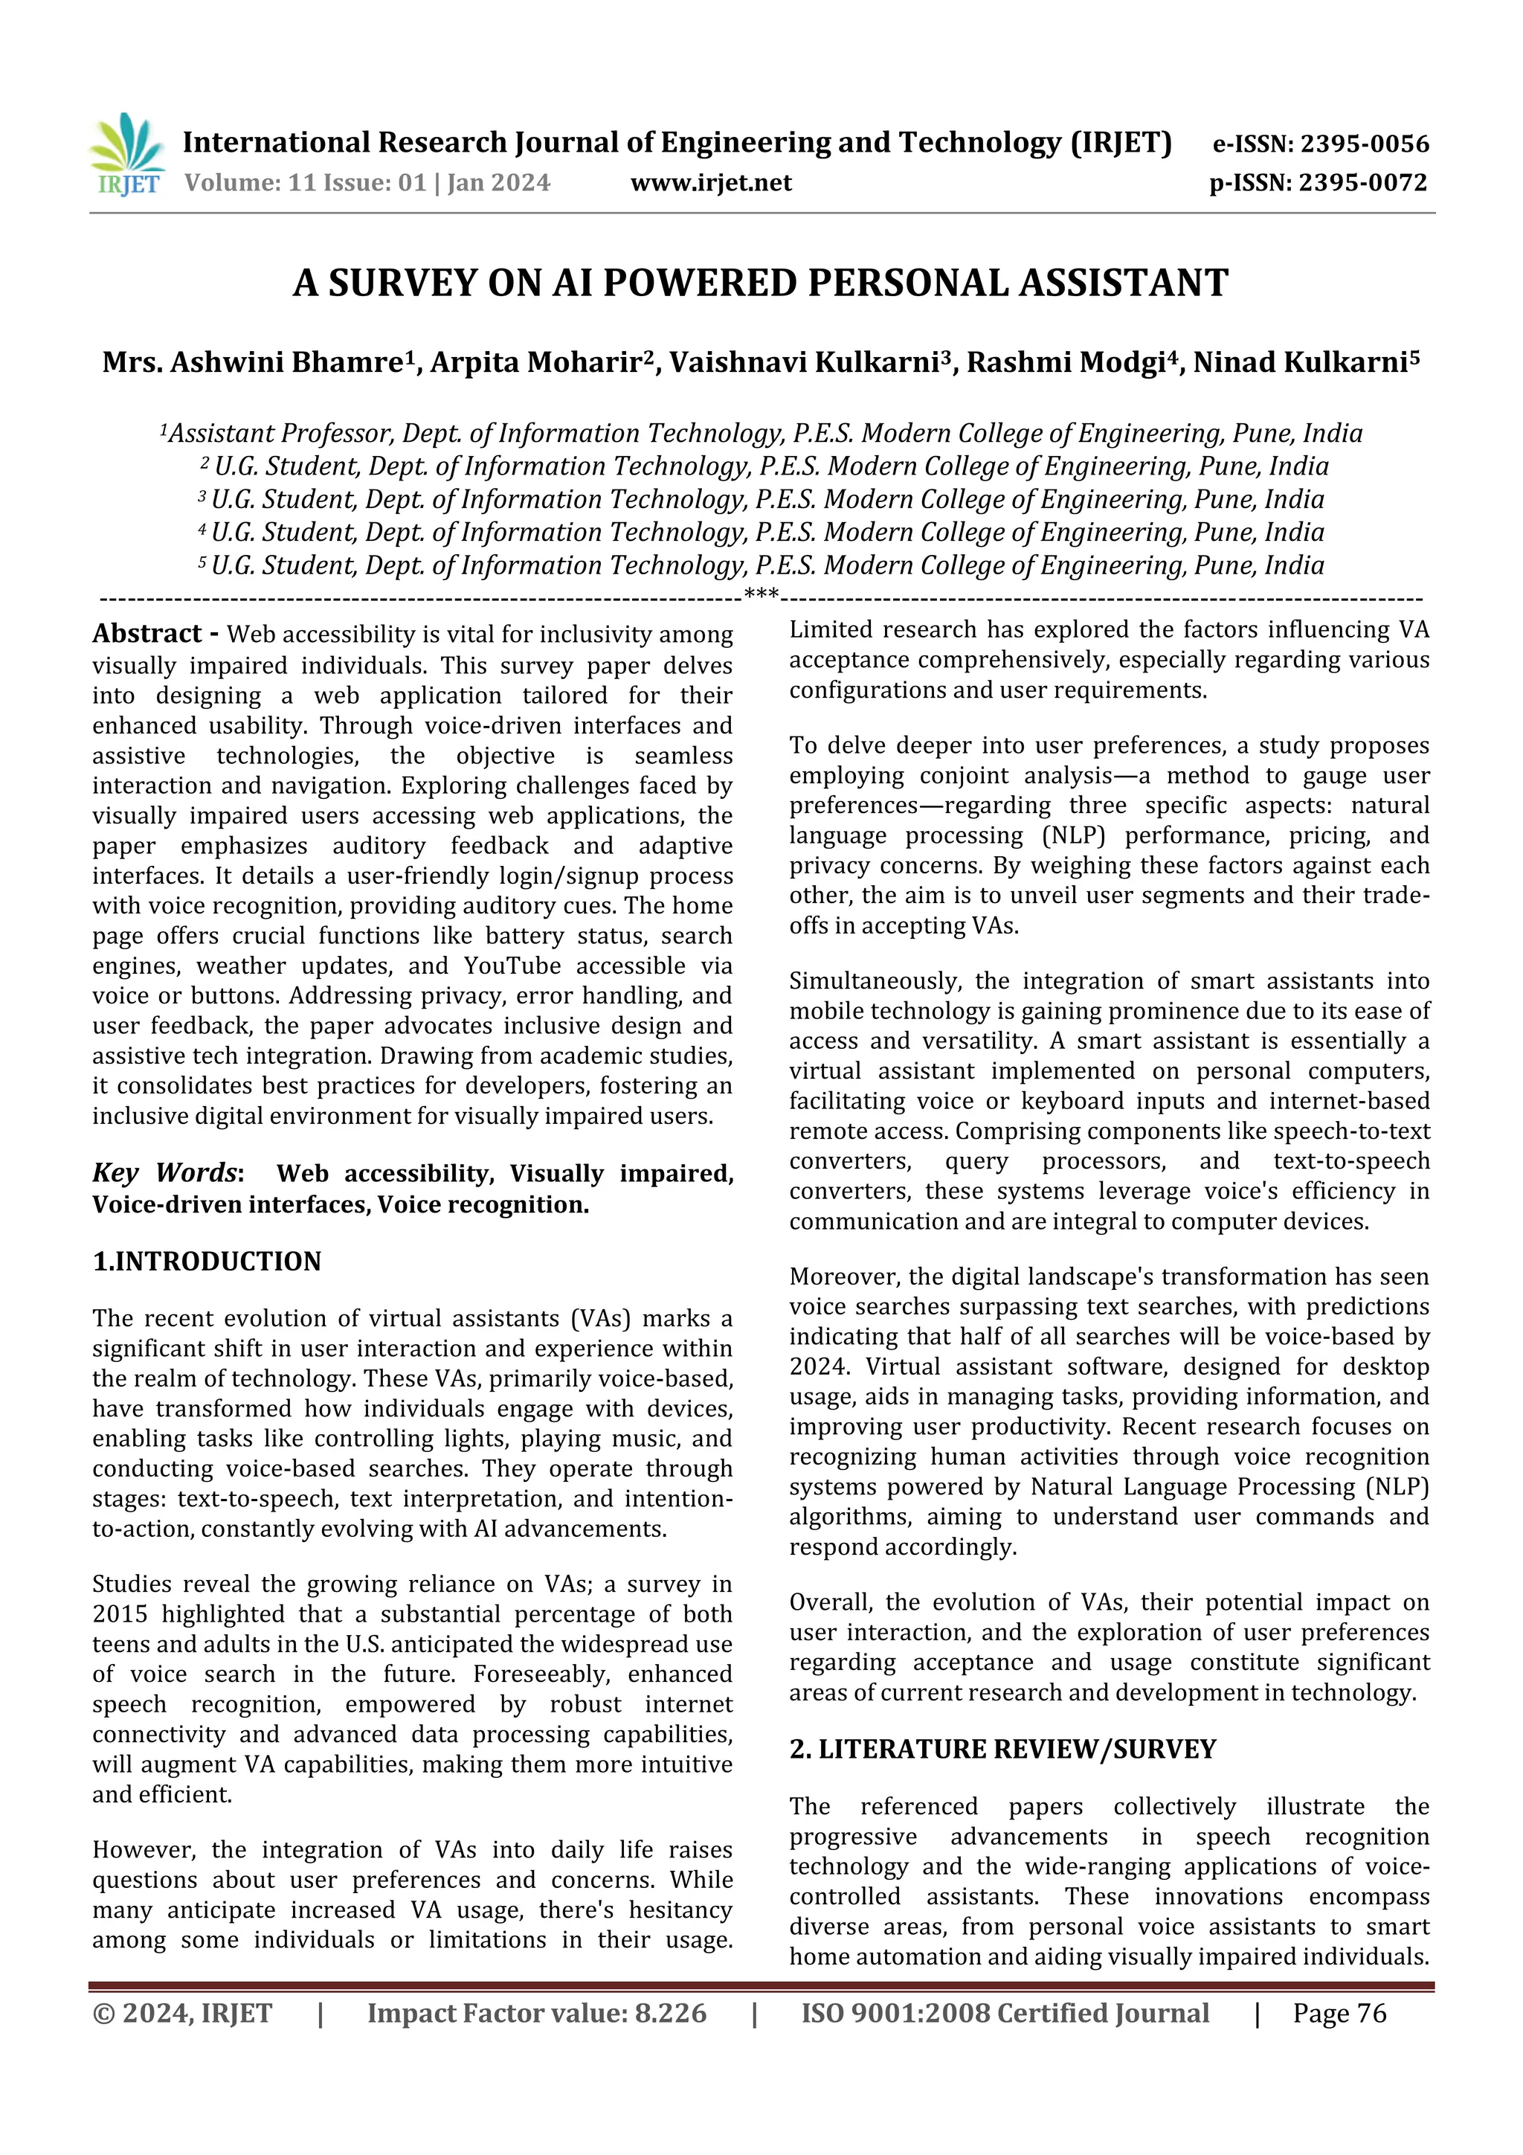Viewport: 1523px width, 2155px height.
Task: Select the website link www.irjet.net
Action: click(x=710, y=183)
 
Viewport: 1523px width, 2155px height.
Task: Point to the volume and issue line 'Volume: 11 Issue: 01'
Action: click(x=305, y=183)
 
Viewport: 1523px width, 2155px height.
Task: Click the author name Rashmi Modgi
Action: click(x=1065, y=362)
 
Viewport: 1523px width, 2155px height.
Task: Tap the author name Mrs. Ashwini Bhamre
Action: click(x=252, y=362)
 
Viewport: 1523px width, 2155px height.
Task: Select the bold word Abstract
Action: click(x=147, y=635)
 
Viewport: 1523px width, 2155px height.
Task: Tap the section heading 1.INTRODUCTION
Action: click(x=207, y=1262)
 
